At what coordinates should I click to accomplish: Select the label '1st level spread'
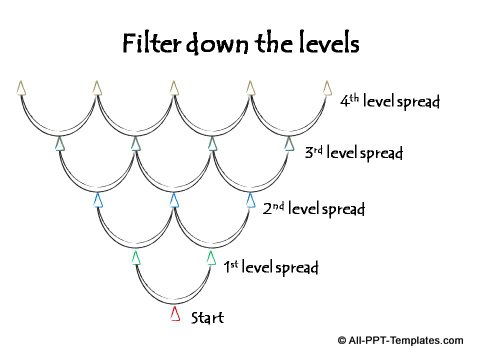coord(271,267)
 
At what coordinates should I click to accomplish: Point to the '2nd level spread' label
coord(314,210)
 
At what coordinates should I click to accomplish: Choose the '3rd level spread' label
coord(353,154)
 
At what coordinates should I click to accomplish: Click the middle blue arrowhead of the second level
coord(174,200)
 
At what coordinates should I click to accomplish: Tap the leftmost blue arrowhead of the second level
coord(98,200)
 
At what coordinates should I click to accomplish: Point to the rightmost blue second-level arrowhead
coord(251,200)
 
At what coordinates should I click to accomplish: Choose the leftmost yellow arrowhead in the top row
coord(21,88)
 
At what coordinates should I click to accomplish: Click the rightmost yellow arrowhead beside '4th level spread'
coord(327,88)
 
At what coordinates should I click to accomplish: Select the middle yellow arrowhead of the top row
coord(174,88)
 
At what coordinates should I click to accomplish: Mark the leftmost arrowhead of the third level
coord(60,144)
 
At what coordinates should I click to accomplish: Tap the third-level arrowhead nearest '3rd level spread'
coord(289,144)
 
